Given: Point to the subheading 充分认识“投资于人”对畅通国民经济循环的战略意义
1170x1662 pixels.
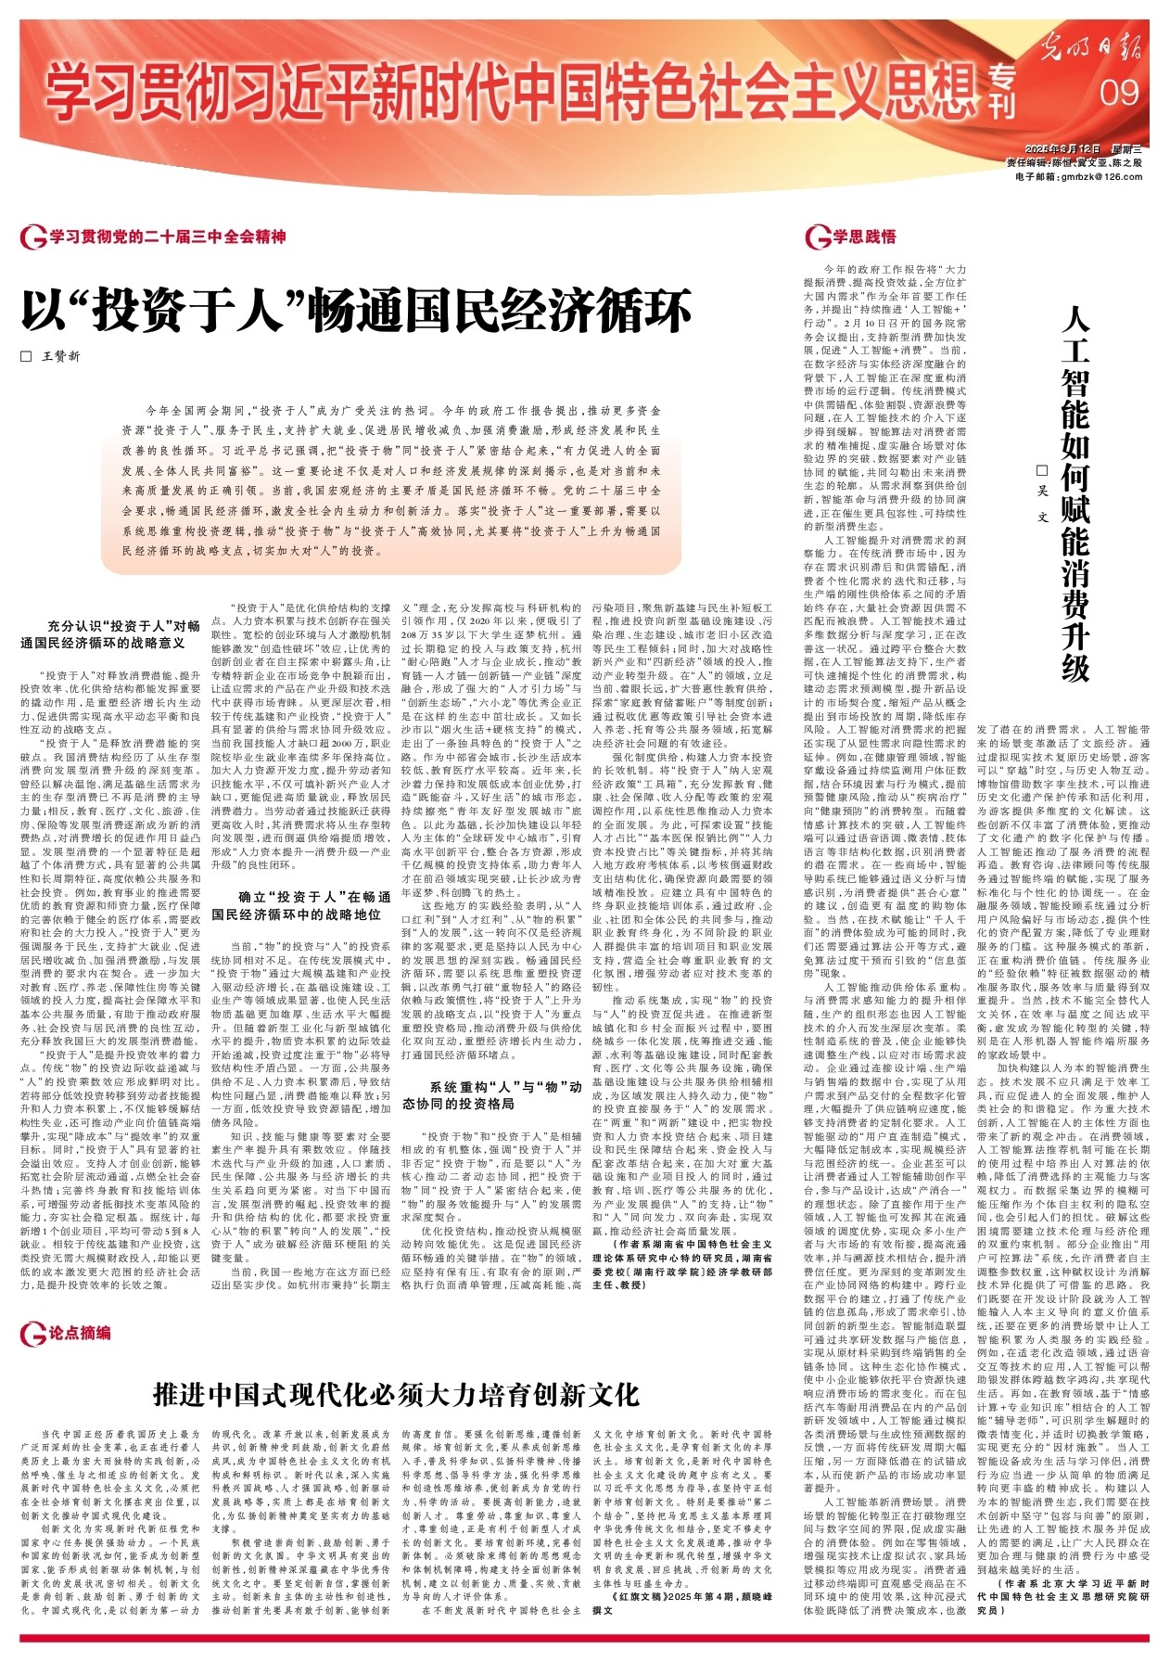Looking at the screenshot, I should [111, 633].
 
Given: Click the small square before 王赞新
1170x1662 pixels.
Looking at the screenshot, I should [26, 356].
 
